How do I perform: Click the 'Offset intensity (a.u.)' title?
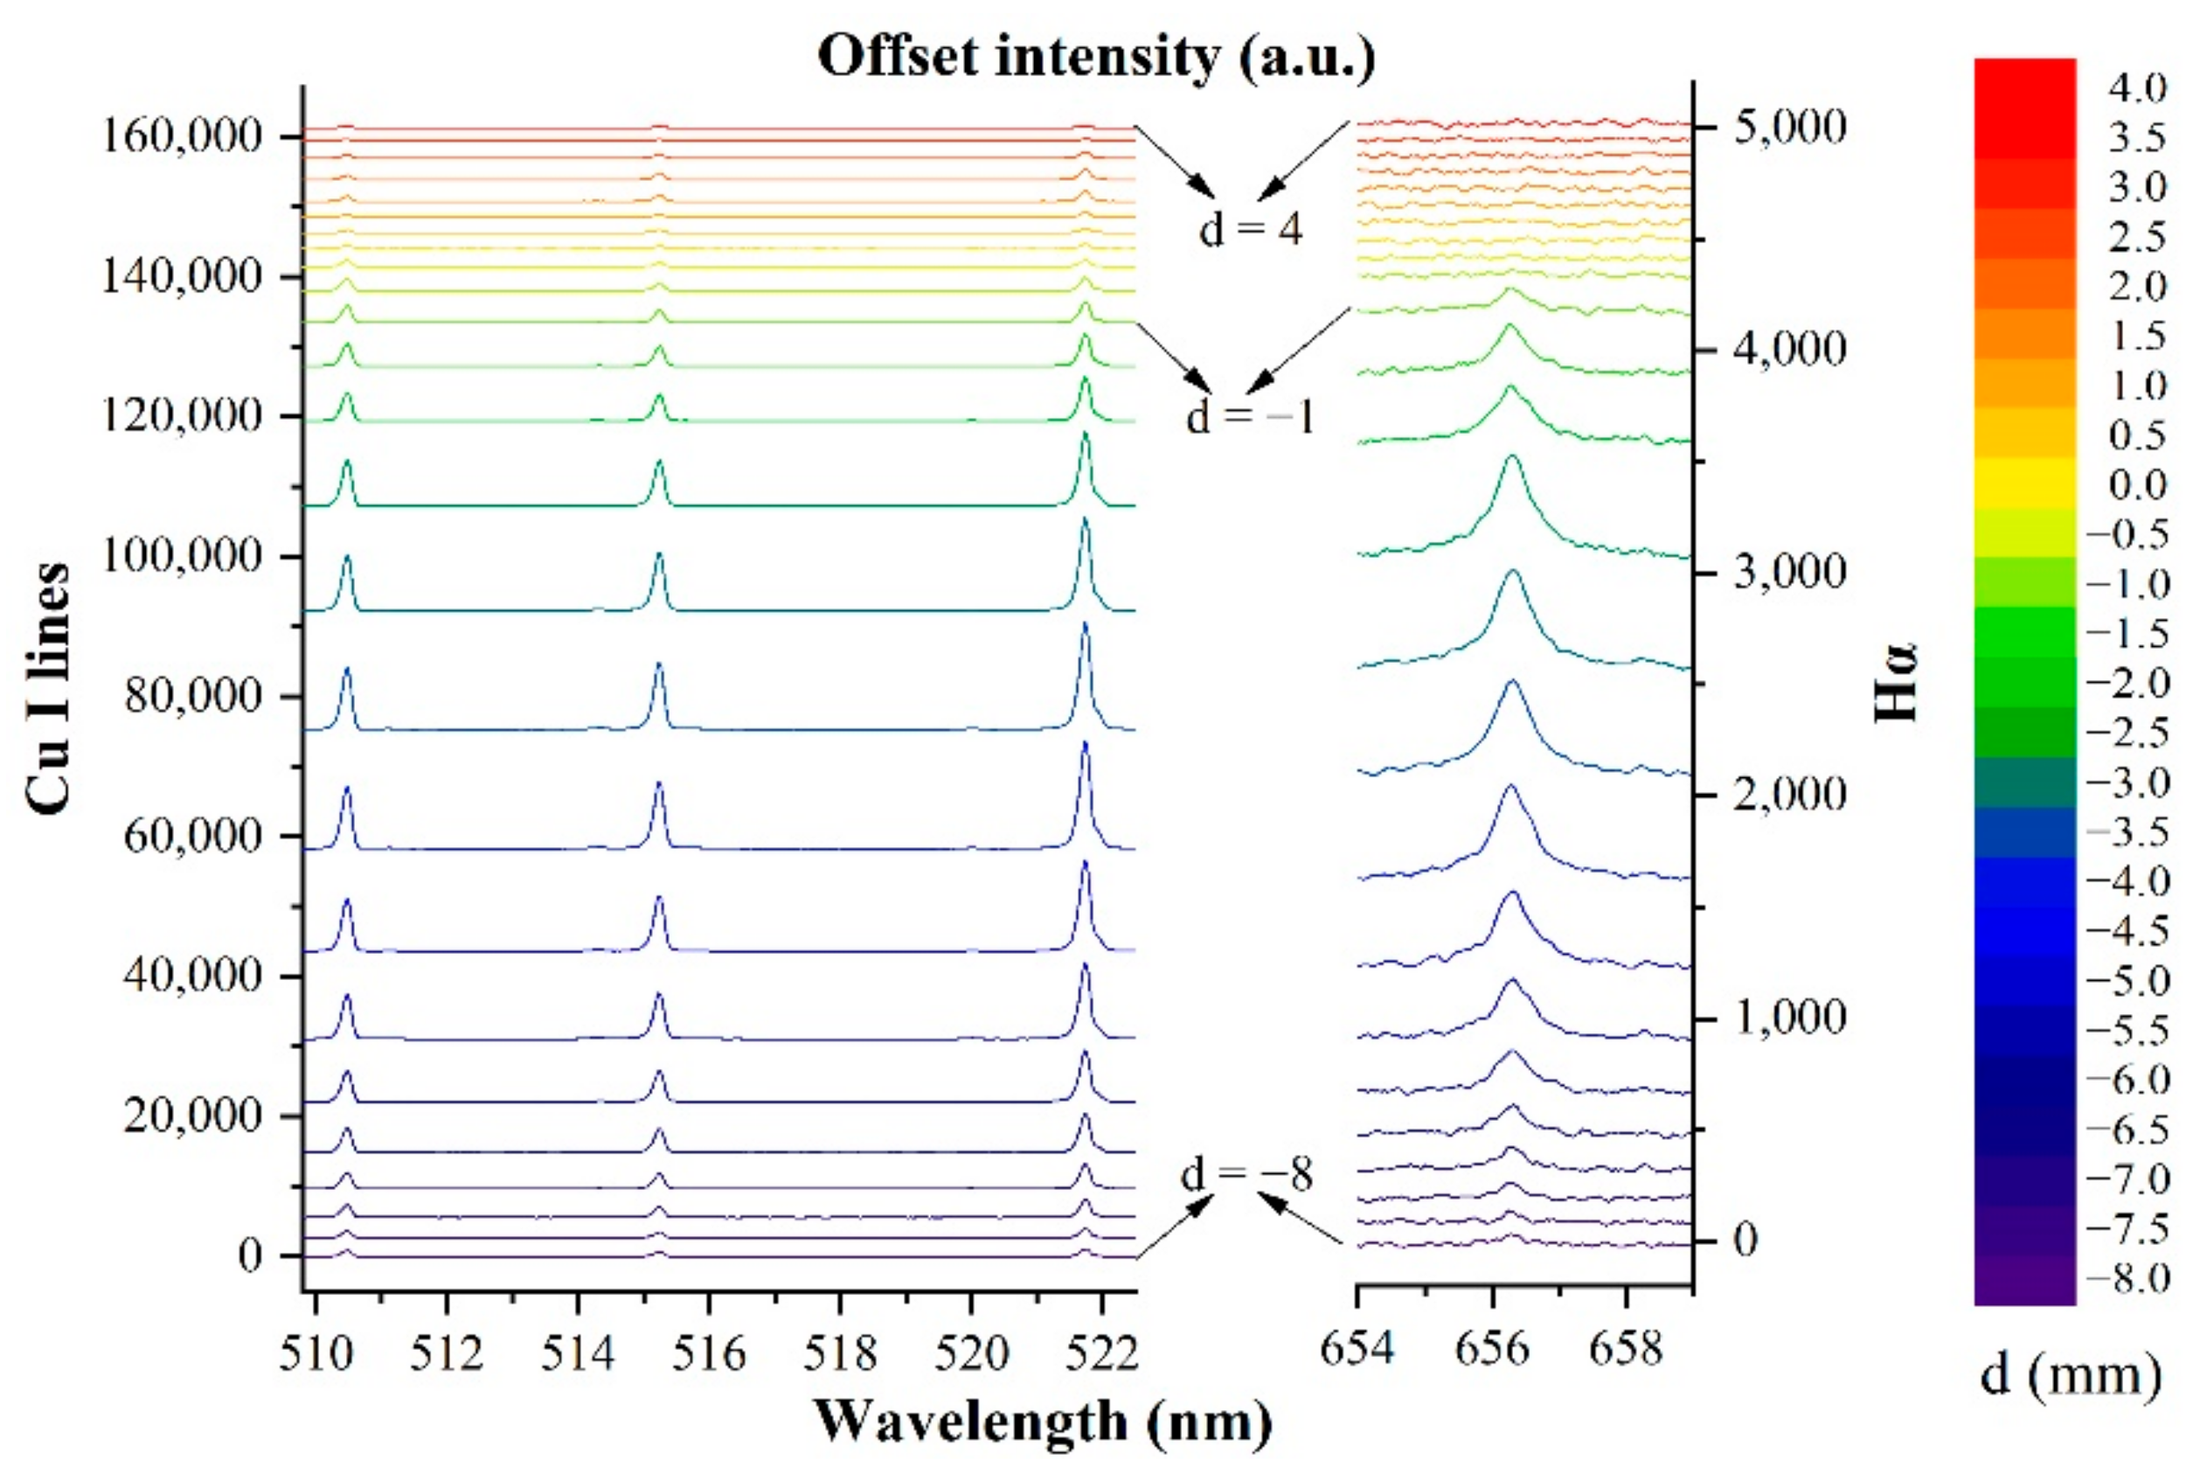coord(1096,57)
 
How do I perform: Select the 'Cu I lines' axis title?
coord(47,688)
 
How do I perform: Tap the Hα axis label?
coord(1895,682)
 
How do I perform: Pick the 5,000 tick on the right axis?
coord(1789,127)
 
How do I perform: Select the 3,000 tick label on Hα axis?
coord(1789,573)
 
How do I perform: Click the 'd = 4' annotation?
coord(1250,229)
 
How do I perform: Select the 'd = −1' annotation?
coord(1250,417)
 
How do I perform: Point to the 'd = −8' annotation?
coord(1246,1174)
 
